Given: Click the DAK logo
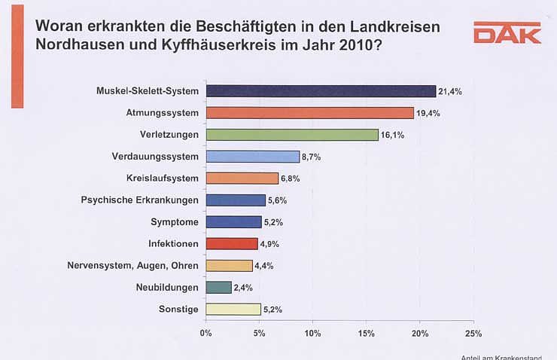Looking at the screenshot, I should coord(507,33).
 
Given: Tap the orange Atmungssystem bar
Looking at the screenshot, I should coord(309,113).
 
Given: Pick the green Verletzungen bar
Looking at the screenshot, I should coord(291,135).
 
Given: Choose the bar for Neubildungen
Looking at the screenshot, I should coord(218,287).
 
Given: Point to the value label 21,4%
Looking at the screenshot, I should coord(449,92).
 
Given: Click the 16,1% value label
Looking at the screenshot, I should coord(392,136).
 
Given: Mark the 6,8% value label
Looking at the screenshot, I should coord(292,179).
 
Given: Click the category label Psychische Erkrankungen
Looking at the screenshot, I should coord(139,200).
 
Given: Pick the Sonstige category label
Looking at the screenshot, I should coord(180,309).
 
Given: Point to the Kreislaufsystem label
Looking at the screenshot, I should coord(163,178).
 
